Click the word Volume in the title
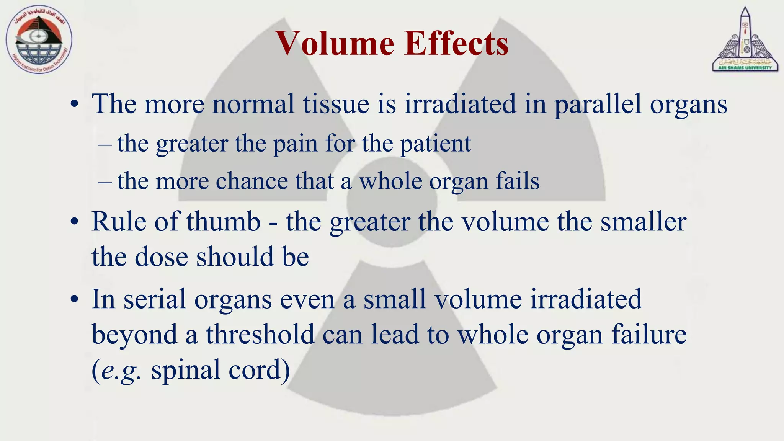pos(335,43)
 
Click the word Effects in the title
pos(456,43)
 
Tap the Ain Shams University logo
pos(745,40)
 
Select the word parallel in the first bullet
pos(597,105)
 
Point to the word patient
pos(435,144)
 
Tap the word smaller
pos(643,222)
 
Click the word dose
pos(161,257)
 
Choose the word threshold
pos(260,334)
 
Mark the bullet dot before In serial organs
pos(74,299)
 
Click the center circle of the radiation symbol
pos(391,202)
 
